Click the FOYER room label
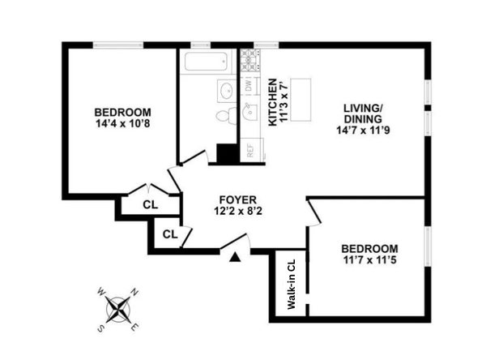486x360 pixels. click(x=237, y=199)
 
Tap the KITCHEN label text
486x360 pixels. click(x=274, y=101)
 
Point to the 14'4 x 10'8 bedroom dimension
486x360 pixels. click(x=122, y=125)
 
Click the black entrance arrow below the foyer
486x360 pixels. click(x=234, y=257)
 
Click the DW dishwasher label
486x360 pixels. click(x=249, y=85)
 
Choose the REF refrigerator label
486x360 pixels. click(x=249, y=149)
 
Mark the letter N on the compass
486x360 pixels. click(x=135, y=293)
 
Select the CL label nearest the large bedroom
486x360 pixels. click(x=150, y=204)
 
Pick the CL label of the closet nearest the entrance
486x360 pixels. click(x=169, y=234)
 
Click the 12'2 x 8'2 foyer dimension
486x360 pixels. click(x=237, y=212)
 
